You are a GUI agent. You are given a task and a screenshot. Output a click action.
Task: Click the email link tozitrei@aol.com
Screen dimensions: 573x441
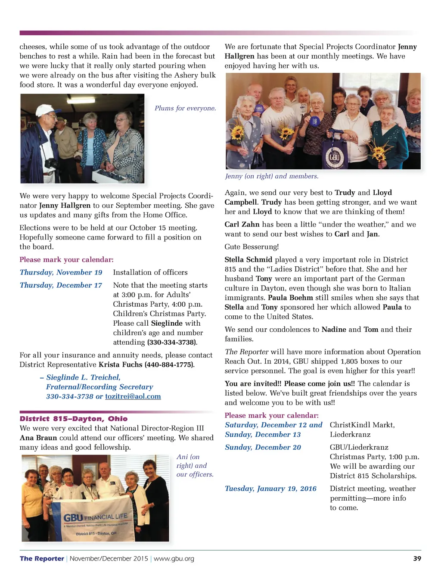pos(133,396)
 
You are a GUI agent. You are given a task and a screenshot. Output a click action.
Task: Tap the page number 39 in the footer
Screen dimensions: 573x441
pos(417,558)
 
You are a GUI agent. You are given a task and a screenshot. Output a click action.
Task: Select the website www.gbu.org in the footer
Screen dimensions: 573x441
pos(174,558)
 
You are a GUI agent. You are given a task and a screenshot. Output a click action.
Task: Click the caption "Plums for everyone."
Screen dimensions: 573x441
pos(185,108)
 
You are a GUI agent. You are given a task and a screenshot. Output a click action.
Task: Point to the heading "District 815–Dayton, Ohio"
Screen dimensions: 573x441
pos(74,419)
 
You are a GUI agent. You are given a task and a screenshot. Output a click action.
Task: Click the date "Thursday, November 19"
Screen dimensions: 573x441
pos(61,272)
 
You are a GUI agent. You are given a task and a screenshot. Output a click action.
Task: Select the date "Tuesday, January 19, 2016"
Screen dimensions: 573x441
pos(270,489)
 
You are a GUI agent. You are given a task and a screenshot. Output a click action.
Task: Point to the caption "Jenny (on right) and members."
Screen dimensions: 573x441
pos(272,176)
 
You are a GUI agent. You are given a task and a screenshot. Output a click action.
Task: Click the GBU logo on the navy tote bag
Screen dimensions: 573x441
pos(335,156)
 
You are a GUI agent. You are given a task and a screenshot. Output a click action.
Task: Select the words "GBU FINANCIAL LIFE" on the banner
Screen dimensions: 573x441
pos(95,517)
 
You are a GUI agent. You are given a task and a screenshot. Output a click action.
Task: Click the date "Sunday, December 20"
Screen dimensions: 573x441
pos(263,447)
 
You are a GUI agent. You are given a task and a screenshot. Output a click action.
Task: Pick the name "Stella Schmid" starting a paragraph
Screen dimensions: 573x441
pos(248,259)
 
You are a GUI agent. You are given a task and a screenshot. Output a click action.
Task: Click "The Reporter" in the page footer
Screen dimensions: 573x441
pos(42,558)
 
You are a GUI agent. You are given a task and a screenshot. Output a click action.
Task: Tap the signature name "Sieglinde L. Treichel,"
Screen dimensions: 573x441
pos(83,377)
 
